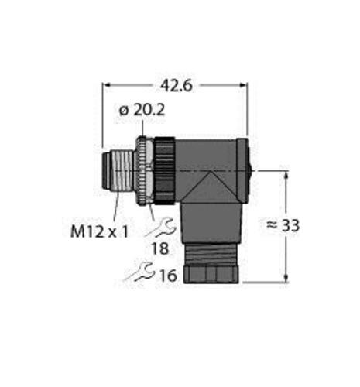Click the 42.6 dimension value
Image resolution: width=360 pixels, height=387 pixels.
coord(177,85)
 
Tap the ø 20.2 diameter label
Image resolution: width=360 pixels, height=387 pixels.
coord(142,111)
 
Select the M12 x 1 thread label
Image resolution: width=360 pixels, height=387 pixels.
coord(99,231)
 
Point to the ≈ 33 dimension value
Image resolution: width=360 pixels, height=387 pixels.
coord(283,225)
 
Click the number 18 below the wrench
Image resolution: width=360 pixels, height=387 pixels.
coord(160,249)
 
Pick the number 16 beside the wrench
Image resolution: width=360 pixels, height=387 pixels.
coord(168,276)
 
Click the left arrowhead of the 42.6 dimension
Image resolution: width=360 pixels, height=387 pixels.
coord(107,85)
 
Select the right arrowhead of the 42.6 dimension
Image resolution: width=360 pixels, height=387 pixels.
coord(243,85)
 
